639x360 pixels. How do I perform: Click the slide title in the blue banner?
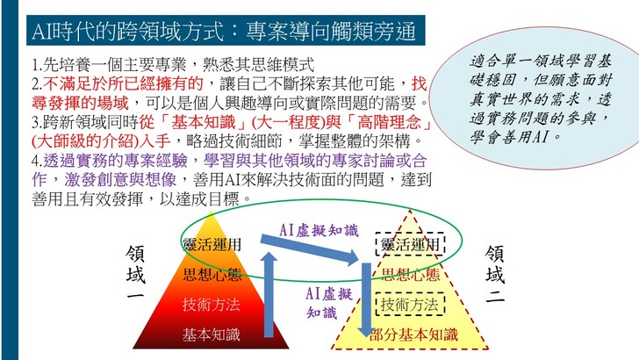224,32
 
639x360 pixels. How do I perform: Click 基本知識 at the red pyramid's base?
211,335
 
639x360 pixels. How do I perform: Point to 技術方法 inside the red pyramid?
211,305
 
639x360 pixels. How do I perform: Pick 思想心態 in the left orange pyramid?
212,274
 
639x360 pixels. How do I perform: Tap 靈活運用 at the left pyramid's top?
212,245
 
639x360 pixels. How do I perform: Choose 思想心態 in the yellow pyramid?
411,274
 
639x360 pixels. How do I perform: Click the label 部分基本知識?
413,335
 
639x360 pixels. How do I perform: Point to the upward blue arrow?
269,294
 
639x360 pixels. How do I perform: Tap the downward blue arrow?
366,299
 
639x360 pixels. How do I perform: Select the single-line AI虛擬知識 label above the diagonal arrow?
319,230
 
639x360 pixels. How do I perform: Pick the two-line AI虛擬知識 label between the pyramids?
329,303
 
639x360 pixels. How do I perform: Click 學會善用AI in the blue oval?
515,137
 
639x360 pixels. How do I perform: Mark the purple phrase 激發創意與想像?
120,180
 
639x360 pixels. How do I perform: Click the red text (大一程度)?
288,122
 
